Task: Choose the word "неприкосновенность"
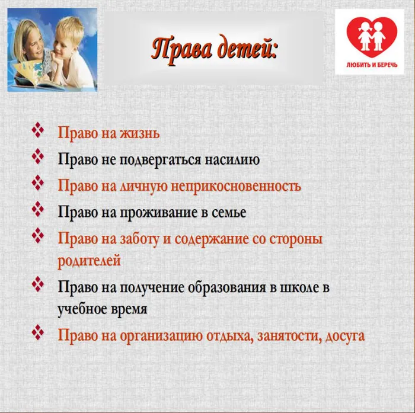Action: [x=236, y=186]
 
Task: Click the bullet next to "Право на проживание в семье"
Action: [x=39, y=210]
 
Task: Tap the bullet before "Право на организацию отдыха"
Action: [x=39, y=333]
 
